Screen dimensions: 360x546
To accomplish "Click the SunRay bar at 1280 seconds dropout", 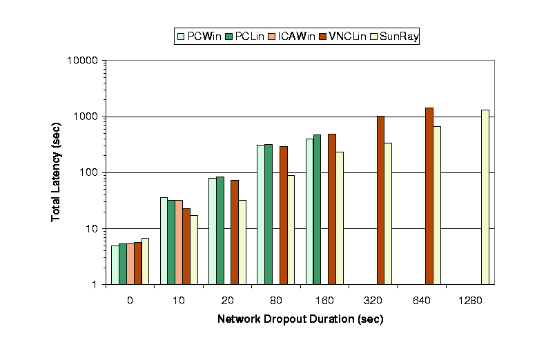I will pyautogui.click(x=485, y=197).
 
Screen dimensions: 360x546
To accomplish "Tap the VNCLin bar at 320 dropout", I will pyautogui.click(x=380, y=200).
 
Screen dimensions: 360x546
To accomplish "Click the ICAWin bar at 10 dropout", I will pyautogui.click(x=179, y=242).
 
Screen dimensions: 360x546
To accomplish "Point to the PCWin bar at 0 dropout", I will pyautogui.click(x=115, y=265).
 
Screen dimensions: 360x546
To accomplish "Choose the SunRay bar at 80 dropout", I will pyautogui.click(x=291, y=230).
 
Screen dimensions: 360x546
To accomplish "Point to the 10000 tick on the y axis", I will pyautogui.click(x=86, y=61).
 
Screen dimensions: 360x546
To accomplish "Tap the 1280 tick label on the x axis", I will pyautogui.click(x=470, y=301).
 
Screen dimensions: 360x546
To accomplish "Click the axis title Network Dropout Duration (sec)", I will pyautogui.click(x=300, y=320).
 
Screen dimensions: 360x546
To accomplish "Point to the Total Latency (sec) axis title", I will pyautogui.click(x=56, y=172).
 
